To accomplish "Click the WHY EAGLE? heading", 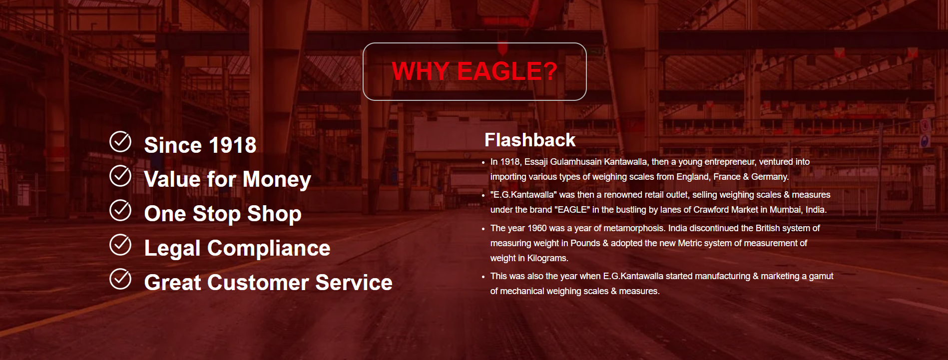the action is [474, 71].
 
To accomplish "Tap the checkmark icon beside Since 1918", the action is [120, 142].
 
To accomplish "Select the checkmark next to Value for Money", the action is [120, 176].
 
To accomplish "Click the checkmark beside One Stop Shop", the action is [120, 210].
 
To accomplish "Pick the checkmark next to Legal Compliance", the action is [120, 245].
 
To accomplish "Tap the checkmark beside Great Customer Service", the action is [120, 279].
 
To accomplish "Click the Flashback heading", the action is [530, 140].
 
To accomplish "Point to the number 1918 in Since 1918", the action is [232, 145].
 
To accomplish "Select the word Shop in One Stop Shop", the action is [274, 214].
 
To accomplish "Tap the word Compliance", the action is [269, 249].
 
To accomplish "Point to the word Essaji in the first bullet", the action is [536, 162].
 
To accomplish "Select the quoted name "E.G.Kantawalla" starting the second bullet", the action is [523, 195].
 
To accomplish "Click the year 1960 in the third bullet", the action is [537, 228].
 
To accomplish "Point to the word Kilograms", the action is [547, 258].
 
